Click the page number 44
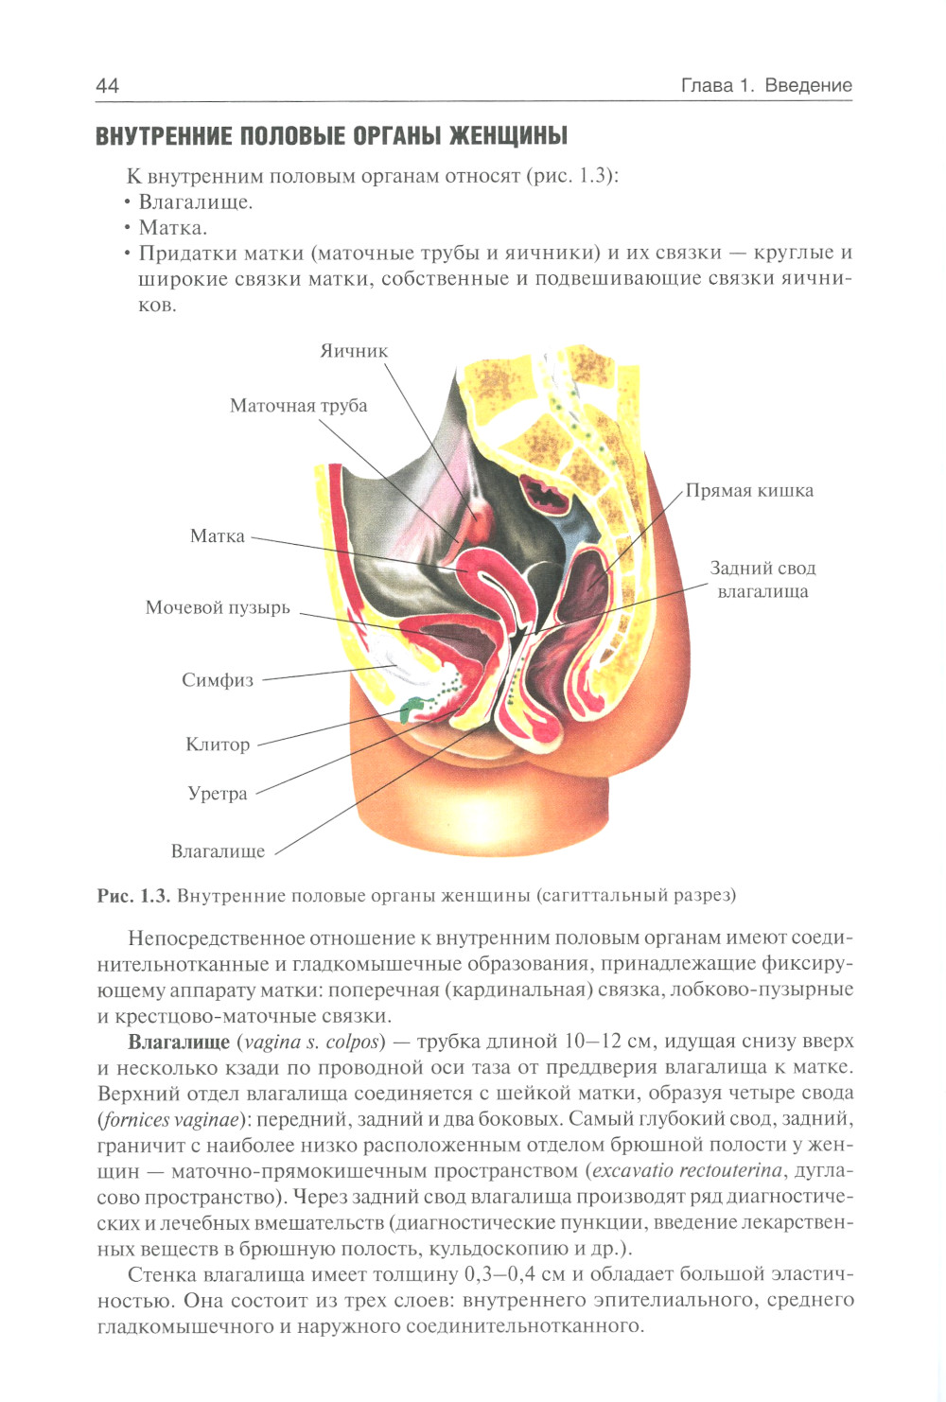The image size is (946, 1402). pos(107,85)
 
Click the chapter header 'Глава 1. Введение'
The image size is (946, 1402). pos(765,85)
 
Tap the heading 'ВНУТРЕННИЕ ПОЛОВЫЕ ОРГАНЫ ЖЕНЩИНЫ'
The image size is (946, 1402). pos(331,136)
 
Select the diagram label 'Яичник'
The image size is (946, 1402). pos(354,351)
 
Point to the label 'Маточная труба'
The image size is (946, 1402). pos(298,406)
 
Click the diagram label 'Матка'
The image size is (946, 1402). pos(218,536)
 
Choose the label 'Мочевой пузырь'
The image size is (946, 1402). pos(218,607)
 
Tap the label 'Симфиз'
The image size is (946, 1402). pos(218,680)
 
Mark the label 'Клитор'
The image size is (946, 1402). pos(218,745)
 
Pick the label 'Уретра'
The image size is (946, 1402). pos(218,794)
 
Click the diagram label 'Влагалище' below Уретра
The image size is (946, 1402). pos(218,851)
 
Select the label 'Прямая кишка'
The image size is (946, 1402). pos(749,491)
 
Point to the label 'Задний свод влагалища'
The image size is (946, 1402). pos(762,580)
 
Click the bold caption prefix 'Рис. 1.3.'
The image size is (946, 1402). pos(133,895)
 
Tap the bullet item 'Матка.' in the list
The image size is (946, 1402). pos(173,228)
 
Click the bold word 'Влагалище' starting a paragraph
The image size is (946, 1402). pos(179,1042)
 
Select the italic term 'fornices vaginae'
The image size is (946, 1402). pos(168,1120)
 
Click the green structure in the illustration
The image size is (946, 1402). pos(412,709)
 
